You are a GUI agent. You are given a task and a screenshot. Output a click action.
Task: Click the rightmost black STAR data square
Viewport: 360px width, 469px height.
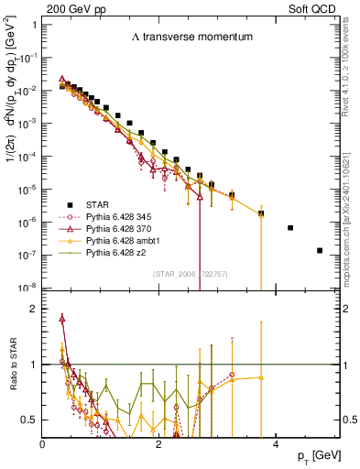[320, 250]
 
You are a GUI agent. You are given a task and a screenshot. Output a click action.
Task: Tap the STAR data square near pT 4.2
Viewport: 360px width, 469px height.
[290, 228]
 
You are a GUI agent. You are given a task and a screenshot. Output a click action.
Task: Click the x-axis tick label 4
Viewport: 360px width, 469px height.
[275, 443]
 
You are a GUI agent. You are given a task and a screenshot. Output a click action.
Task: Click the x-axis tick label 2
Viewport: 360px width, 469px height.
[158, 443]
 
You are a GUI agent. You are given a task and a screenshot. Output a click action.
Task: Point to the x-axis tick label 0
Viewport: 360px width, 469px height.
[43, 443]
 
